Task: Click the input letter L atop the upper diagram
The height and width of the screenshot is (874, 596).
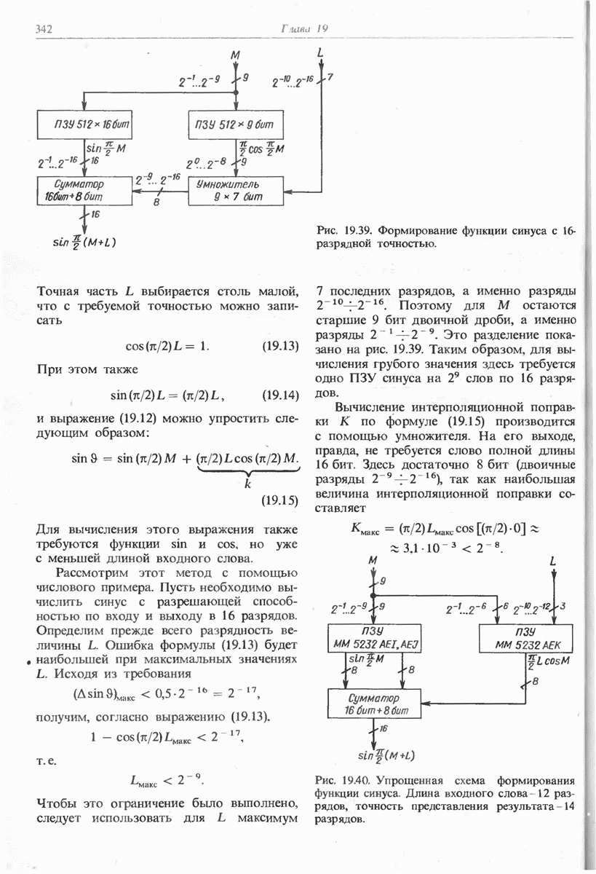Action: [x=321, y=52]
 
